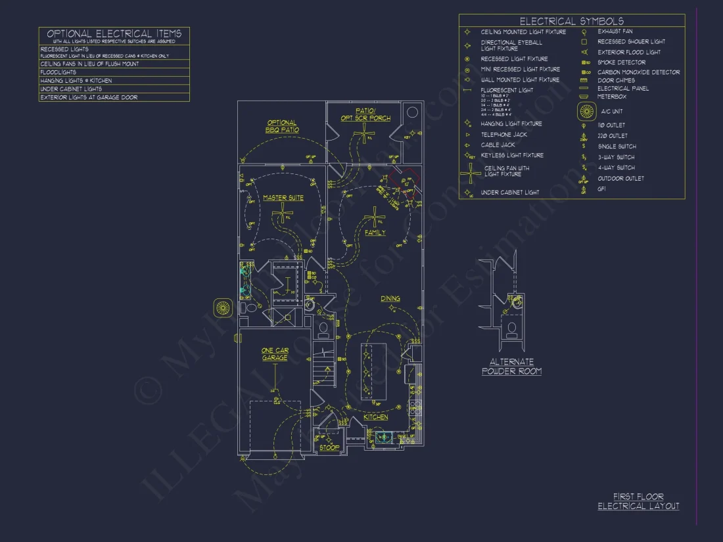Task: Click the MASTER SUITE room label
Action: point(283,198)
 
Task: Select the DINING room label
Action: point(390,299)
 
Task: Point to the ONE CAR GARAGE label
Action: point(275,354)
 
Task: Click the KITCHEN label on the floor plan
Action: point(376,417)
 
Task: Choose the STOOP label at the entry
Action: point(329,447)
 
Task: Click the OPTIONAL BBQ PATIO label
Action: point(281,126)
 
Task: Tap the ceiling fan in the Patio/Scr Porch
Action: point(363,135)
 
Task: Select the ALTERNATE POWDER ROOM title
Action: point(511,367)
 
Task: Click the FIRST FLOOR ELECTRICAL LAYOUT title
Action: point(638,501)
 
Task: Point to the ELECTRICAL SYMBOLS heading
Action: point(571,21)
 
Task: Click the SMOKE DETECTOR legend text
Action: point(621,62)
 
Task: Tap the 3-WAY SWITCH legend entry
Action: point(616,157)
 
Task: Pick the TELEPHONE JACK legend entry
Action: point(503,135)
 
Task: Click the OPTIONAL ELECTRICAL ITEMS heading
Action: point(114,34)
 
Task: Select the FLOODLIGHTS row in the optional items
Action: point(58,72)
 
